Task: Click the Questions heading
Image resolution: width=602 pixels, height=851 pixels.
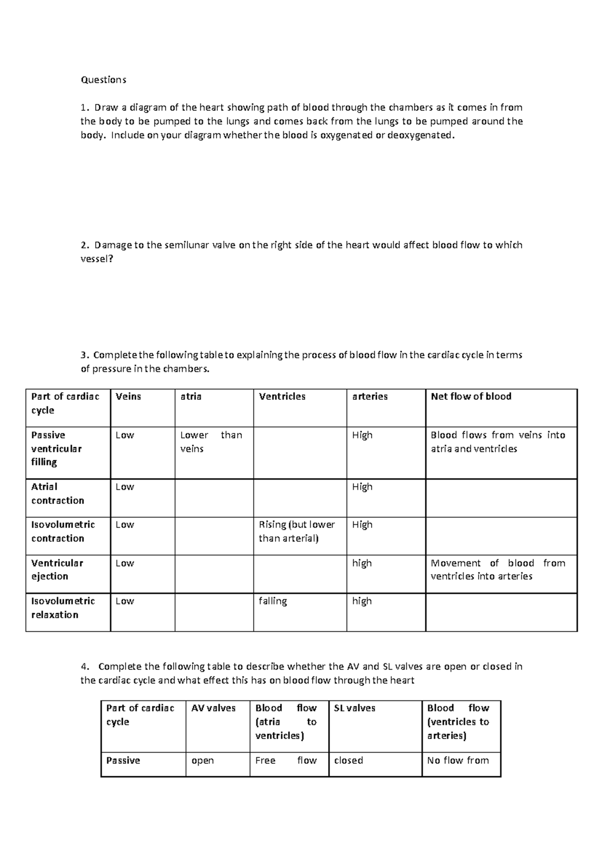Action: [x=103, y=80]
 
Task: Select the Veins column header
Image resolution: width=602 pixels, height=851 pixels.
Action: [x=128, y=396]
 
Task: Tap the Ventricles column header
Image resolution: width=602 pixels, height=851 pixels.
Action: [x=282, y=396]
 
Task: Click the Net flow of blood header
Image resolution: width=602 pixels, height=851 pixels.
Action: [x=471, y=396]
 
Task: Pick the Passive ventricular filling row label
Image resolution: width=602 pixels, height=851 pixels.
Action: [x=56, y=449]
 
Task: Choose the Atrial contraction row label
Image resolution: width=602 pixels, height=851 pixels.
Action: [x=57, y=493]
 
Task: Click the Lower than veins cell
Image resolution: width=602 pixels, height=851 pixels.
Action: [x=211, y=442]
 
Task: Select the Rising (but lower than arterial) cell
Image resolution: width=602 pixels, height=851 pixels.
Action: [x=296, y=531]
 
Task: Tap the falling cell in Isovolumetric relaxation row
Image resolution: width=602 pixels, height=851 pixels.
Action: [x=272, y=601]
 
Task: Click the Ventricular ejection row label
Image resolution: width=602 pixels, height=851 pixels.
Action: [x=57, y=570]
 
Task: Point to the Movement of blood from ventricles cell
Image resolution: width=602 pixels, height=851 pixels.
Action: [x=498, y=570]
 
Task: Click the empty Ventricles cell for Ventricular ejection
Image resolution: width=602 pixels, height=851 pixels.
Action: [x=299, y=574]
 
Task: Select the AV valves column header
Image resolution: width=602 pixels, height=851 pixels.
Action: [x=213, y=708]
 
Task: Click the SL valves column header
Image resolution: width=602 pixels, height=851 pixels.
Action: [x=354, y=708]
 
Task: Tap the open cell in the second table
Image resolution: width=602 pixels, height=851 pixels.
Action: [x=203, y=761]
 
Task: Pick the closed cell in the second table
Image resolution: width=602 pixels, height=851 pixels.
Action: [x=348, y=761]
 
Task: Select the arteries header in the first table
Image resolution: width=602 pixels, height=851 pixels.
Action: [x=370, y=396]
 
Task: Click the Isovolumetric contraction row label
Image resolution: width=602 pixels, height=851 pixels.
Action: [x=63, y=531]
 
